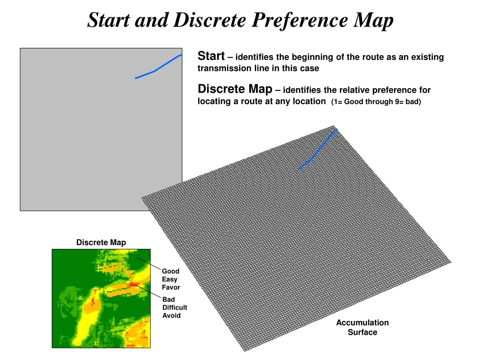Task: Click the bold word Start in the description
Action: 211,56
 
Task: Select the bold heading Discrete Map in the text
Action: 235,89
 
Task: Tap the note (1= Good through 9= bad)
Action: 376,101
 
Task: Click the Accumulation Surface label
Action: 362,327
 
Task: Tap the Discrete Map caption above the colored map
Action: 101,242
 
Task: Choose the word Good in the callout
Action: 170,271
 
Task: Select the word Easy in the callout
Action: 169,279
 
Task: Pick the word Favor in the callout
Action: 171,287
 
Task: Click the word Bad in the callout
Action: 169,299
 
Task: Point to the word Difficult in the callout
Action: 175,307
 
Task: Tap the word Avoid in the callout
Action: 171,315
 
